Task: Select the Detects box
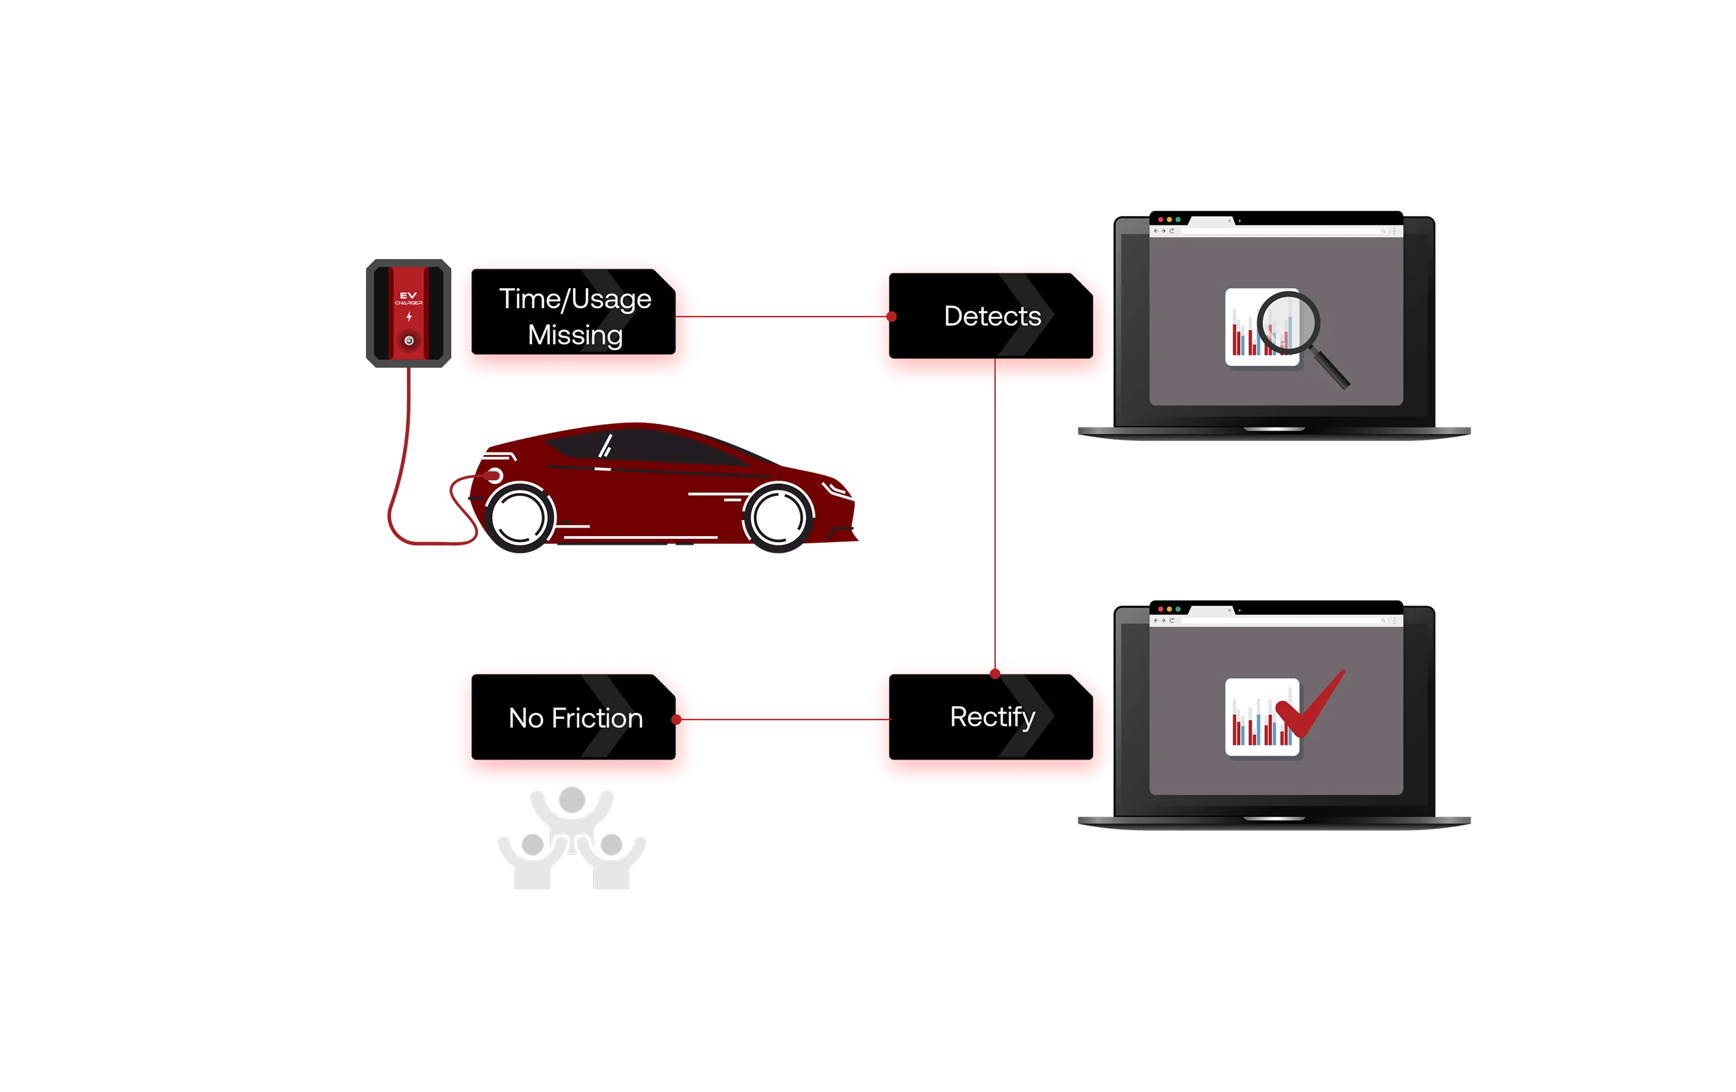click(x=991, y=316)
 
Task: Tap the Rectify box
click(x=991, y=717)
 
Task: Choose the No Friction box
click(x=574, y=717)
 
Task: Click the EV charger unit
click(x=408, y=313)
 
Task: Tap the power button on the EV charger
click(x=409, y=340)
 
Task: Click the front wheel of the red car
click(x=777, y=516)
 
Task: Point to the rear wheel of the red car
click(x=520, y=516)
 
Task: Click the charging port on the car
click(x=495, y=475)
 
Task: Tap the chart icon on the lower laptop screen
click(x=1255, y=718)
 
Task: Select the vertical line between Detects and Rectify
click(x=995, y=519)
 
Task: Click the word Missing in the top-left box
click(x=574, y=335)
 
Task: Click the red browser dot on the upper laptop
click(x=1160, y=219)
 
